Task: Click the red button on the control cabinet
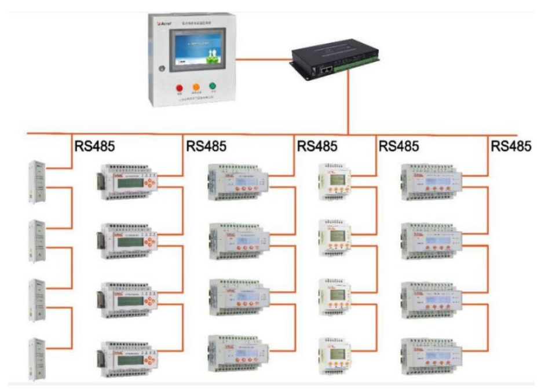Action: pyautogui.click(x=179, y=86)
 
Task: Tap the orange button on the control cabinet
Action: pyautogui.click(x=196, y=86)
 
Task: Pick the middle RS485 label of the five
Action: pyautogui.click(x=317, y=146)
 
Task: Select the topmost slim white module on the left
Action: pyautogui.click(x=36, y=182)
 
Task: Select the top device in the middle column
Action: pyautogui.click(x=237, y=182)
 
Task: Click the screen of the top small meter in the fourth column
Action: pyautogui.click(x=336, y=179)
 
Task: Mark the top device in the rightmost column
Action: pyautogui.click(x=431, y=182)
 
